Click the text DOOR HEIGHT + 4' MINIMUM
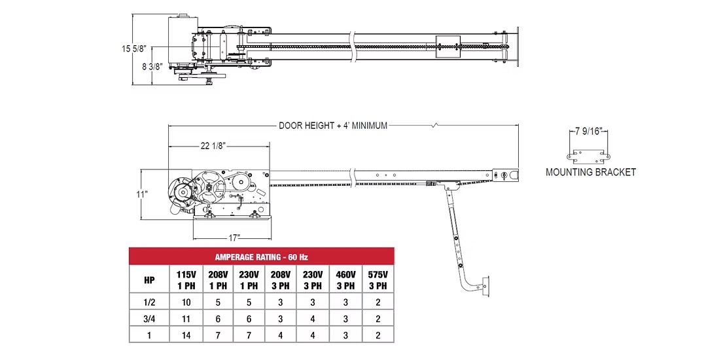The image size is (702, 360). tap(333, 126)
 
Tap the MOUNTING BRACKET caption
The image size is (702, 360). tap(591, 173)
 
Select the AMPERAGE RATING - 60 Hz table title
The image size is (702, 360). tap(261, 257)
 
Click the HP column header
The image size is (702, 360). tap(149, 279)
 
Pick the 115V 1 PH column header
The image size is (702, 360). tap(186, 279)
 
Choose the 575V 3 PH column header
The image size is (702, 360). tap(377, 279)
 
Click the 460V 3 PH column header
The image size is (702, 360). tap(345, 279)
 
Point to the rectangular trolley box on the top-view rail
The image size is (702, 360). tap(448, 45)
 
